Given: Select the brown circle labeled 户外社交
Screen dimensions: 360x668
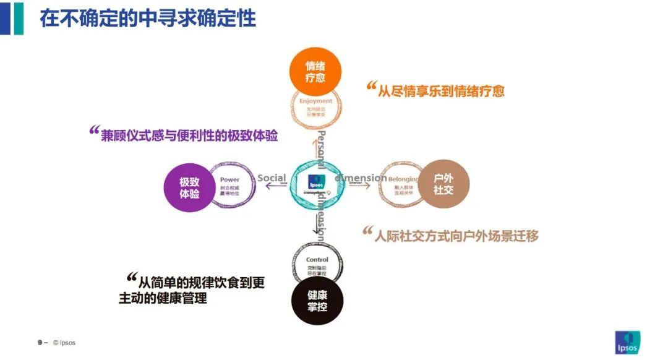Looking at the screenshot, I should (x=443, y=184).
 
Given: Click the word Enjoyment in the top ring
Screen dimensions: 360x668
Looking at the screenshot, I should (x=315, y=101).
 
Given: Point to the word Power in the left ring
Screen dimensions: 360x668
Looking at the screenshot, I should (x=229, y=180).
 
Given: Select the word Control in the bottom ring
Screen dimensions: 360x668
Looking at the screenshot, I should (x=317, y=260).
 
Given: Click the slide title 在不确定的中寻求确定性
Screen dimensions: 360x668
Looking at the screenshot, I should (x=148, y=18).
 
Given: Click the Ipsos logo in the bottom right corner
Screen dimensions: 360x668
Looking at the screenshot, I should (x=628, y=342).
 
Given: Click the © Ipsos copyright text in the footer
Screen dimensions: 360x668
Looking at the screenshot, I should (x=64, y=342).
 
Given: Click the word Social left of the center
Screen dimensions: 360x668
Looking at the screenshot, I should (x=272, y=178).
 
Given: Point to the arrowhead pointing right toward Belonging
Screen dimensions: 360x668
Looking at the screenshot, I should (x=369, y=186).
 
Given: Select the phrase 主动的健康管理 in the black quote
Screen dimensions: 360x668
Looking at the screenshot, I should (x=163, y=298).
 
